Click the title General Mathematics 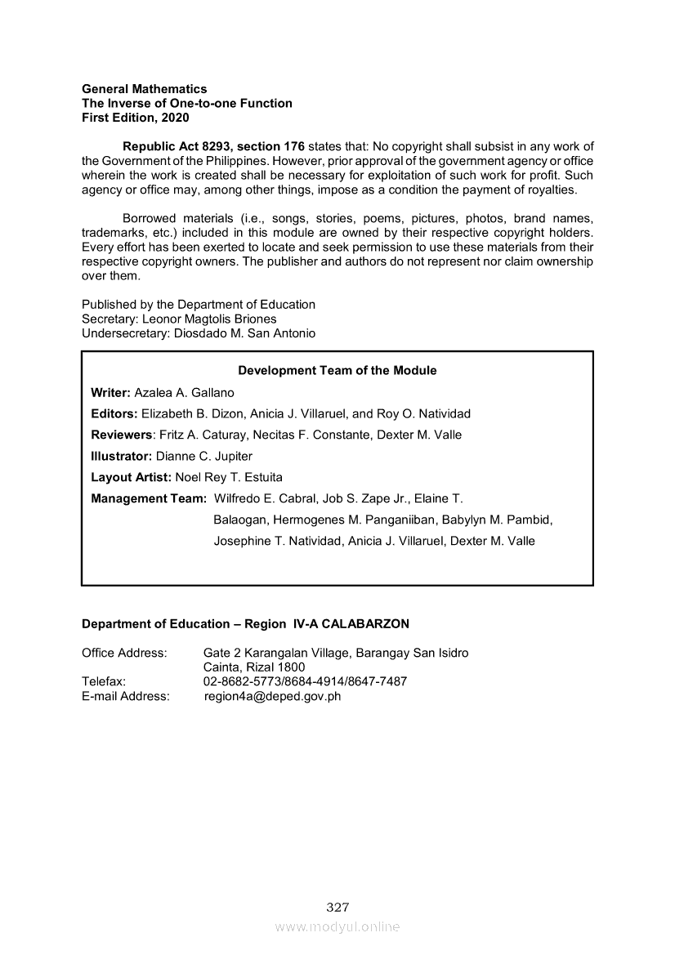point(144,88)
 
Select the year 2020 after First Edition point(174,118)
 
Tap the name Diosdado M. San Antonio point(244,333)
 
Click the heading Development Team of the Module point(337,370)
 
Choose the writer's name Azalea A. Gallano point(184,392)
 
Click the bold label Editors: point(114,413)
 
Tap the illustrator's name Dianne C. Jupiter point(204,456)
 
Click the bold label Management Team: point(149,498)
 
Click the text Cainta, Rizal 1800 point(254,667)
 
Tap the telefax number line point(305,681)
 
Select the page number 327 point(337,907)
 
